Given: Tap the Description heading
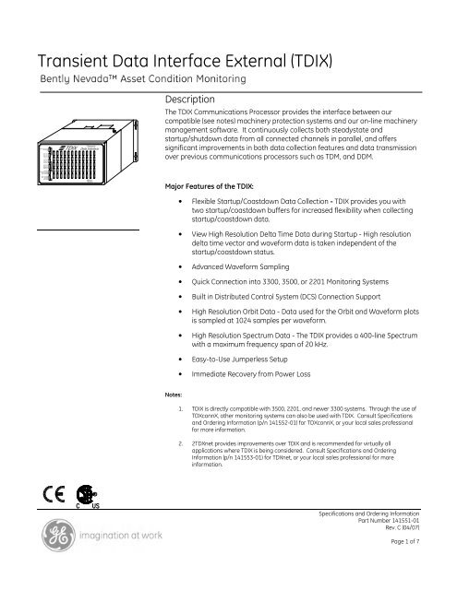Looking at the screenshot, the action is [x=189, y=98].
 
